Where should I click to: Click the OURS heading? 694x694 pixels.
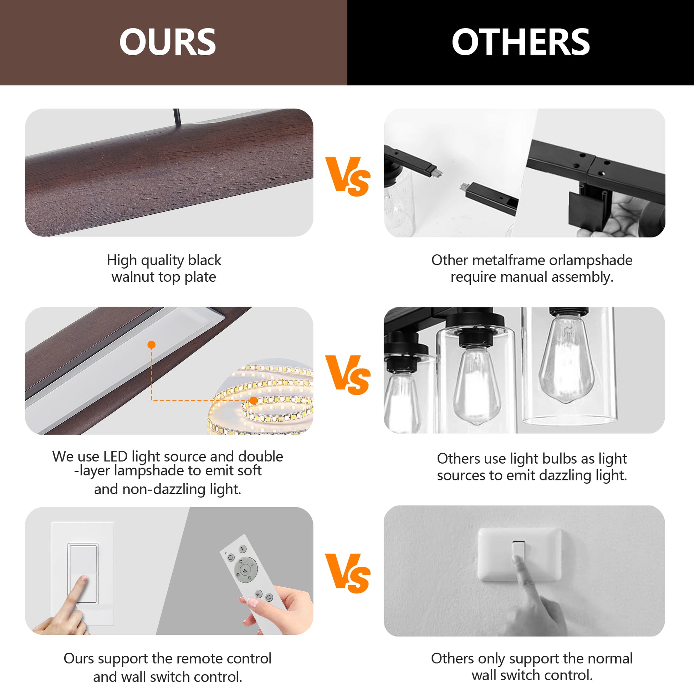click(x=167, y=42)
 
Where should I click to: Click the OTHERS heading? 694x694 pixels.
click(x=521, y=42)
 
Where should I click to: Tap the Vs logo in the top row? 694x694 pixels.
click(x=347, y=177)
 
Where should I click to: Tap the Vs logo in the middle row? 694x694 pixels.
click(x=347, y=375)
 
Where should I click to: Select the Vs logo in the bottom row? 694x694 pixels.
click(x=347, y=573)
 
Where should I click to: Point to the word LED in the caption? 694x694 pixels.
click(x=115, y=456)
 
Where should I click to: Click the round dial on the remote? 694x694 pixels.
click(x=246, y=568)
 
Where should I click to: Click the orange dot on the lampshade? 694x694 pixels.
click(x=152, y=345)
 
